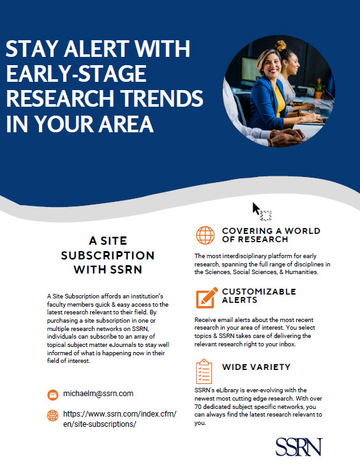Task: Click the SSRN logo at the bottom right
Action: pos(299,446)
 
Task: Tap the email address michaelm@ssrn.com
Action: pos(98,393)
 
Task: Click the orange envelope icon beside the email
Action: pos(53,394)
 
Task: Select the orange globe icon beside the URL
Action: pos(53,415)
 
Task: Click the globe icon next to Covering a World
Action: pos(206,235)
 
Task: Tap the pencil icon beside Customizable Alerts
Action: pos(206,296)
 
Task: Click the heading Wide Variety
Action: pos(257,367)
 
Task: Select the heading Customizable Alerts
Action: pos(259,296)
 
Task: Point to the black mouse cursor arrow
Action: pos(256,209)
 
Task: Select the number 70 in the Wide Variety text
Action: pos(199,406)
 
